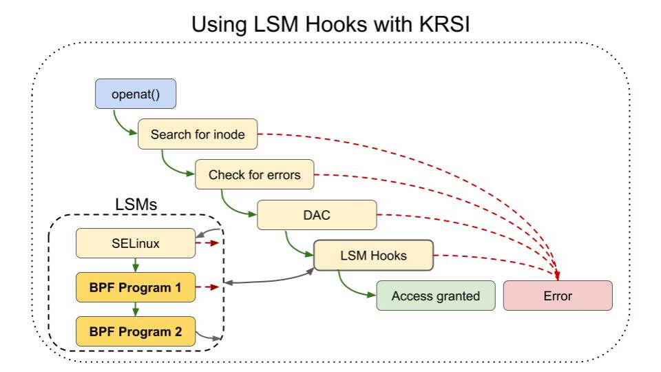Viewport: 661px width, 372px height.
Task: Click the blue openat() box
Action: pyautogui.click(x=136, y=94)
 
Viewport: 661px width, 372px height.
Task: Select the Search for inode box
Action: pyautogui.click(x=198, y=134)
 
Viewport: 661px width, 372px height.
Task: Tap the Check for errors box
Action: pyautogui.click(x=255, y=174)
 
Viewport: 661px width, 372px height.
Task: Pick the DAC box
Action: pyautogui.click(x=317, y=215)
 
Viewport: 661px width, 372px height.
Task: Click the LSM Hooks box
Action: pyautogui.click(x=373, y=256)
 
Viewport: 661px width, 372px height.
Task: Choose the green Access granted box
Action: pyautogui.click(x=435, y=296)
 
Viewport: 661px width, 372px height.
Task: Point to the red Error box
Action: pyautogui.click(x=558, y=296)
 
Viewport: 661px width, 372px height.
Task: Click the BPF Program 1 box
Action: pyautogui.click(x=135, y=287)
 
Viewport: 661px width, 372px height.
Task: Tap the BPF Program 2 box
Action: pyautogui.click(x=135, y=331)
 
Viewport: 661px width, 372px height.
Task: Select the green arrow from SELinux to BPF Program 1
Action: pyautogui.click(x=136, y=265)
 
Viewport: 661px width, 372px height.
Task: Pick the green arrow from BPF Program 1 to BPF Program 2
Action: pyautogui.click(x=136, y=309)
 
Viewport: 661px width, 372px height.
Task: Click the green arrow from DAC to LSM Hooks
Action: pyautogui.click(x=293, y=247)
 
